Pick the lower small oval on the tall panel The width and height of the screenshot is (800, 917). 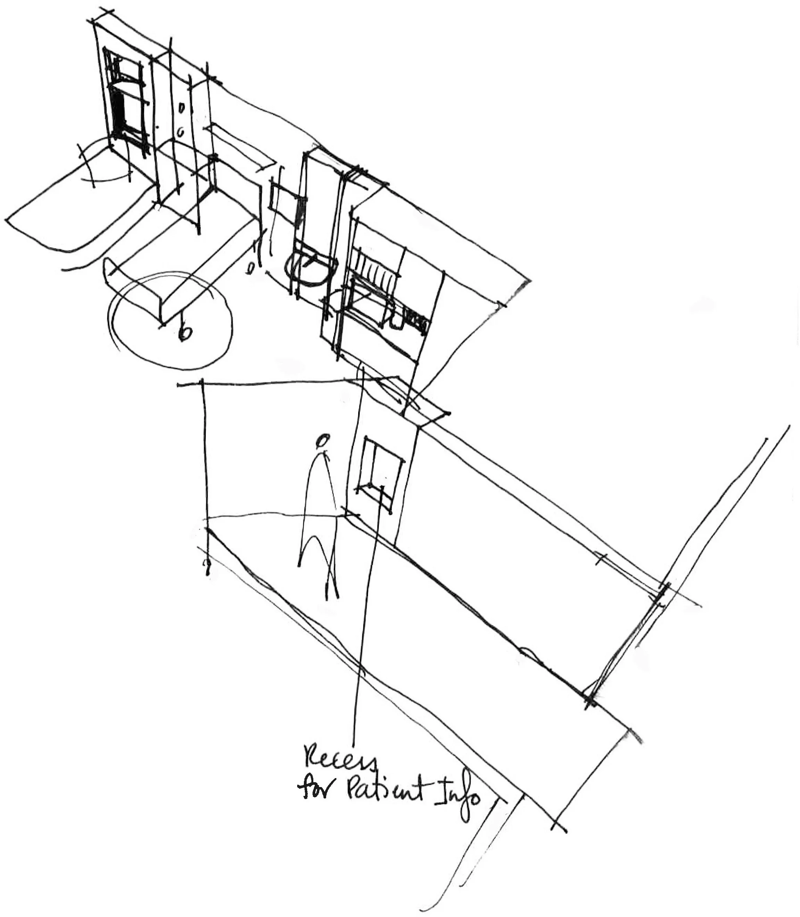[x=181, y=132]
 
